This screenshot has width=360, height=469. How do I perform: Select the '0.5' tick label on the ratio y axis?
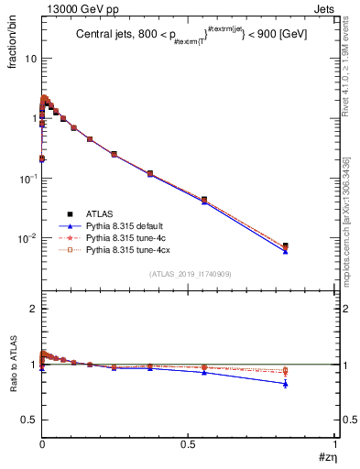coord(28,420)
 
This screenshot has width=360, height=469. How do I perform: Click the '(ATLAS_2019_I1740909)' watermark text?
coord(190,274)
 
